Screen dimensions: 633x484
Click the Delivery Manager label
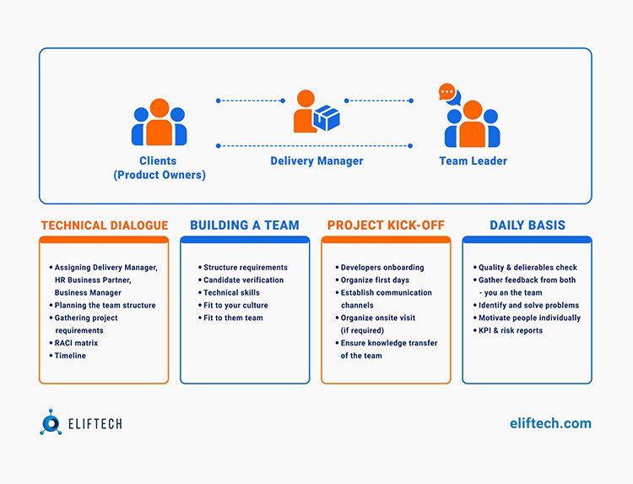click(316, 160)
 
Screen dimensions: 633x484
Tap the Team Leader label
click(473, 160)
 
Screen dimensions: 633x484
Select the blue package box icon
click(326, 118)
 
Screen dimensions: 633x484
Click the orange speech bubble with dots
click(446, 92)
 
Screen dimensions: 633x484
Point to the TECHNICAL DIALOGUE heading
click(105, 225)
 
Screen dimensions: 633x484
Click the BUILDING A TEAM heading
click(245, 225)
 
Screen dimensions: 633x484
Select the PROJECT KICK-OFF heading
click(386, 225)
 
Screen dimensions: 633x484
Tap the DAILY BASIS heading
click(527, 225)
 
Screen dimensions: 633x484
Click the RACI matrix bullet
click(73, 343)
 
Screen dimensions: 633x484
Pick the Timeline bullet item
click(68, 356)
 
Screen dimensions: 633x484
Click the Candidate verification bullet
click(241, 280)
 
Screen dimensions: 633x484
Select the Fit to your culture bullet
click(233, 305)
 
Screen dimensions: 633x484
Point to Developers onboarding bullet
click(380, 268)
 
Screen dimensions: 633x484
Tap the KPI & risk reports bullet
click(508, 330)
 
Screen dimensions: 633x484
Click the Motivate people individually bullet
click(527, 318)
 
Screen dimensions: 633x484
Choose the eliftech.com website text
click(550, 423)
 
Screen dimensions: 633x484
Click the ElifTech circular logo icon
click(51, 422)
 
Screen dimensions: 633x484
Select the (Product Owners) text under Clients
click(160, 175)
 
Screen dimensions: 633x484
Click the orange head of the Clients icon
click(160, 108)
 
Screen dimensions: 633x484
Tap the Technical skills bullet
click(229, 292)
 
